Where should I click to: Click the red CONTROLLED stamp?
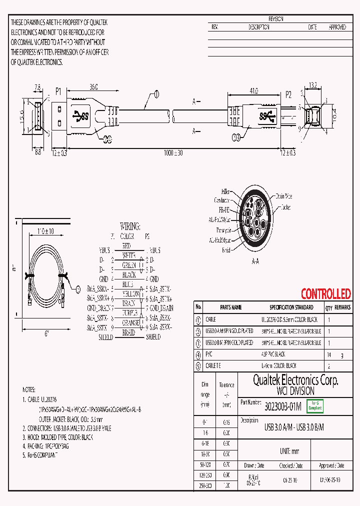[x=325, y=294]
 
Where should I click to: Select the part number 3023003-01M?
[x=282, y=407]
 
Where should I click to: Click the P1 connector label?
[x=58, y=91]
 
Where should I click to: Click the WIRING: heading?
[x=130, y=226]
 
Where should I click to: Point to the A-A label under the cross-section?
[x=255, y=260]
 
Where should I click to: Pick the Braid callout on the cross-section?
[x=225, y=250]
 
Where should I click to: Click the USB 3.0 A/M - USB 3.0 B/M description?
[x=294, y=427]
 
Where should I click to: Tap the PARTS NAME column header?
[x=230, y=307]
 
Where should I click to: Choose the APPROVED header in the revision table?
[x=337, y=27]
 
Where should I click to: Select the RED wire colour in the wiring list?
[x=126, y=246]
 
